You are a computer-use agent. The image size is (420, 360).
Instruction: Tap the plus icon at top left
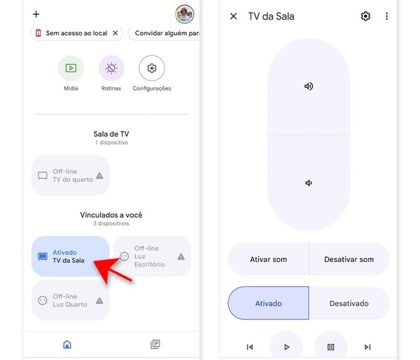click(36, 14)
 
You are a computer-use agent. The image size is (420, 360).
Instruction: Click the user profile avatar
click(185, 14)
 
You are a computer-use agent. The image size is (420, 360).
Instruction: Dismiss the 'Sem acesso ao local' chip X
click(115, 33)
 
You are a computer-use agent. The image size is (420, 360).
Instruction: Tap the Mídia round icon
click(71, 69)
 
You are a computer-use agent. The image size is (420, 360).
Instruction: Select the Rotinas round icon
click(111, 69)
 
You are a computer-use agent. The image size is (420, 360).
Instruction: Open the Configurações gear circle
click(152, 69)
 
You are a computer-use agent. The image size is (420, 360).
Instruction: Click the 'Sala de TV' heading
click(111, 134)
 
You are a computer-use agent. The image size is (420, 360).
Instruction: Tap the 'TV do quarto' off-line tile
click(71, 176)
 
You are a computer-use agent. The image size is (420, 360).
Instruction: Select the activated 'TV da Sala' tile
click(71, 256)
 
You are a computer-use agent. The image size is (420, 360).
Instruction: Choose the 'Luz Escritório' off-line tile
click(151, 256)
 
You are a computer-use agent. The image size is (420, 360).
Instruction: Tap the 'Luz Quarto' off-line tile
click(71, 300)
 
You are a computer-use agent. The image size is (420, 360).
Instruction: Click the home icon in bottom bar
click(67, 344)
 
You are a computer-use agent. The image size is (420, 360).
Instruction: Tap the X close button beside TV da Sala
click(234, 16)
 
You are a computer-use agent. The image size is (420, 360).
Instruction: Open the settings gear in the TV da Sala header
click(365, 16)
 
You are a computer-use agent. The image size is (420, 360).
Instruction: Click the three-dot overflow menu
click(386, 16)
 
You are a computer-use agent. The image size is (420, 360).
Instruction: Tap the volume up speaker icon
click(309, 86)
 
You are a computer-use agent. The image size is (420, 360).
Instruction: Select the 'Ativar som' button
click(269, 259)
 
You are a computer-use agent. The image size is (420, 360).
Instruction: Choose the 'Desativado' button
click(349, 303)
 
